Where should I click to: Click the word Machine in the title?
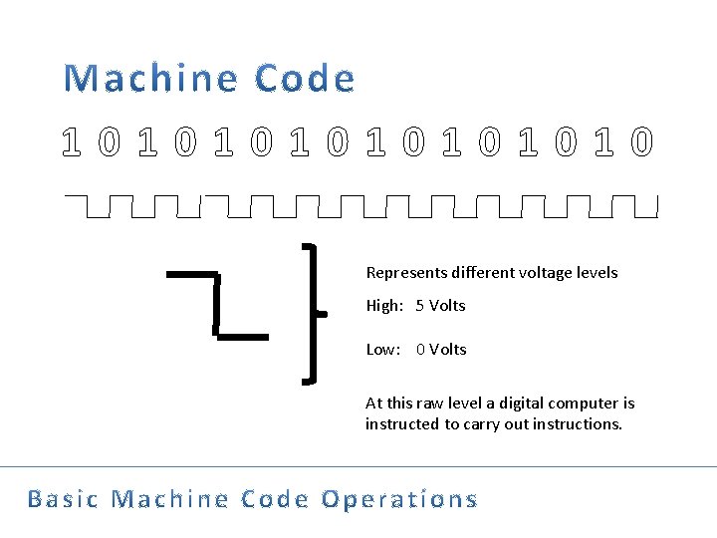(x=152, y=79)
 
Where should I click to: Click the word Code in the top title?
(x=304, y=79)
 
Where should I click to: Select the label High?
(x=384, y=306)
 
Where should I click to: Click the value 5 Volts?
(x=441, y=306)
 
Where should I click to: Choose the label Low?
(x=383, y=350)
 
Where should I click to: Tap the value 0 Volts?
(x=441, y=350)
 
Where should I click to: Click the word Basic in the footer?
(x=63, y=499)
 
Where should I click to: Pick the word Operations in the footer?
(x=399, y=499)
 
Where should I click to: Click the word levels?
(x=597, y=273)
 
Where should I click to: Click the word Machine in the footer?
(x=161, y=499)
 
